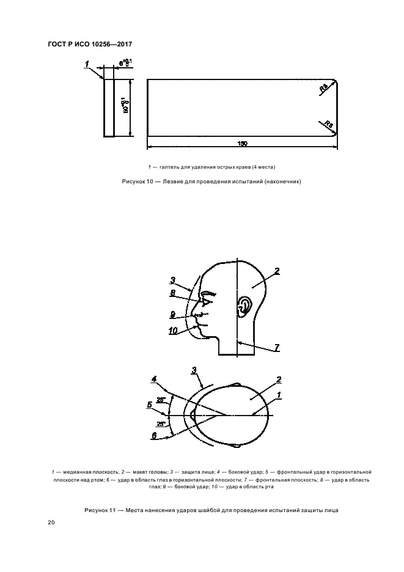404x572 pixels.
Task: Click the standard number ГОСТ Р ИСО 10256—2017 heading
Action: [x=90, y=44]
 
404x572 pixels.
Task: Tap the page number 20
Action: [x=51, y=523]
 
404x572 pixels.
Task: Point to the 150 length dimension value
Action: [x=242, y=143]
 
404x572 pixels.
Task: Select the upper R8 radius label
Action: [x=323, y=89]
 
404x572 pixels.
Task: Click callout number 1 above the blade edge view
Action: [x=88, y=63]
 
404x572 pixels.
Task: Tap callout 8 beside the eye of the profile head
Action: [x=172, y=293]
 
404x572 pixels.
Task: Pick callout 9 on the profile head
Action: [x=173, y=314]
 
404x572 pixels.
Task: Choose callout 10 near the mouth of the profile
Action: [x=174, y=330]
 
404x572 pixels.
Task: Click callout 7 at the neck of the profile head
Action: [x=276, y=347]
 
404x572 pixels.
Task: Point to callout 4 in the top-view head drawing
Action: [x=154, y=380]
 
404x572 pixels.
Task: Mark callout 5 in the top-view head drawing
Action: [x=150, y=404]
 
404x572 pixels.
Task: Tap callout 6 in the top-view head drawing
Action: [x=153, y=435]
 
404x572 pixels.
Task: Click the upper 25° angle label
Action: [x=161, y=400]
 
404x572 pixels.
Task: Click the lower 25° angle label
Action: [x=161, y=424]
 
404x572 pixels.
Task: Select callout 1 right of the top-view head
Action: [x=279, y=395]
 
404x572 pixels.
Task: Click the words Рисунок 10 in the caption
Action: [x=138, y=182]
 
